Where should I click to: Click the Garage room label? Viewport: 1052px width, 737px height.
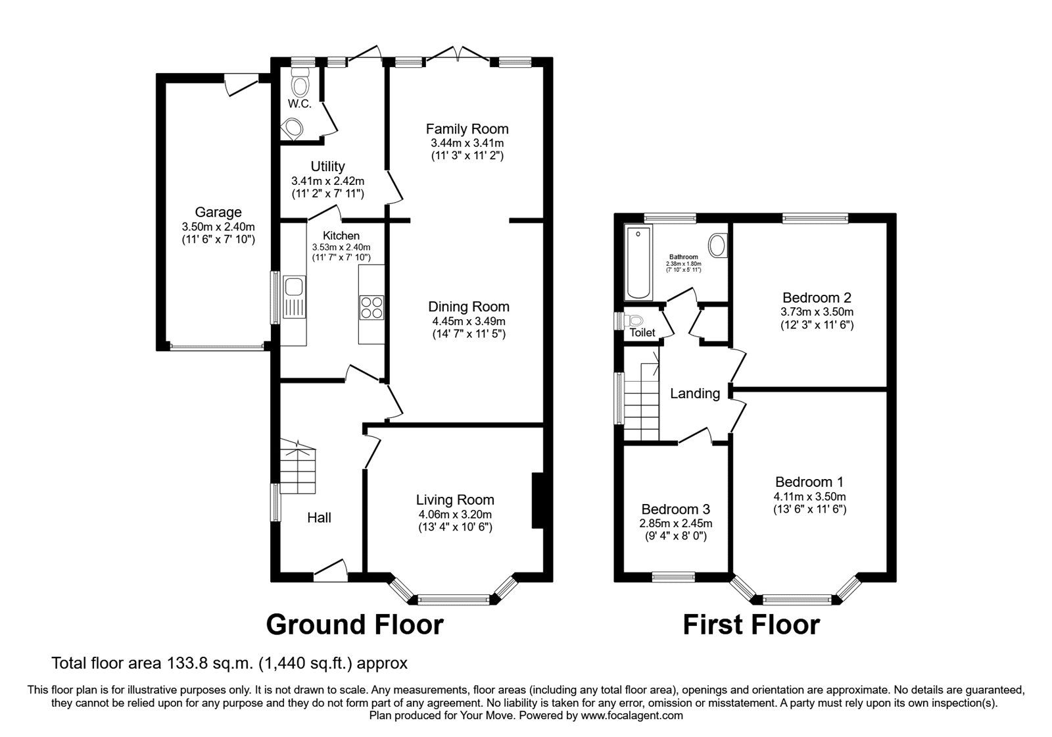pyautogui.click(x=218, y=212)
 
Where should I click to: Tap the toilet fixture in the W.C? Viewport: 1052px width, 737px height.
pyautogui.click(x=301, y=86)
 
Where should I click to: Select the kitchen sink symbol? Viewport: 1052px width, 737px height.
pyautogui.click(x=293, y=287)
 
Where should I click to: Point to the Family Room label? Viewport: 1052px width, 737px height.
pyautogui.click(x=467, y=129)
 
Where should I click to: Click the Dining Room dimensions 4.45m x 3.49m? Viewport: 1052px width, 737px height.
pyautogui.click(x=468, y=321)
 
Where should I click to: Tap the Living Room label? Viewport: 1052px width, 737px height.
pyautogui.click(x=454, y=500)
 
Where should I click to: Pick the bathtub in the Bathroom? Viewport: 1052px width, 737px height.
pyautogui.click(x=638, y=262)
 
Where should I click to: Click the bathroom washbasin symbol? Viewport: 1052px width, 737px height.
pyautogui.click(x=719, y=245)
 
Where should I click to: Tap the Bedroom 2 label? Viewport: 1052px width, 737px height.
pyautogui.click(x=817, y=297)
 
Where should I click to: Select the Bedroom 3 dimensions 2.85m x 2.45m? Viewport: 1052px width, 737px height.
pyautogui.click(x=675, y=524)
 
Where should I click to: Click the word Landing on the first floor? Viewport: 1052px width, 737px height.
pyautogui.click(x=695, y=394)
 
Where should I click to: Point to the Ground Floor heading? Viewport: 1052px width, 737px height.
pyautogui.click(x=354, y=624)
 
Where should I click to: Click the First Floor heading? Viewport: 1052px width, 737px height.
pyautogui.click(x=751, y=624)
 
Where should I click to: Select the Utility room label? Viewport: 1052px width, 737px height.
pyautogui.click(x=327, y=166)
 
